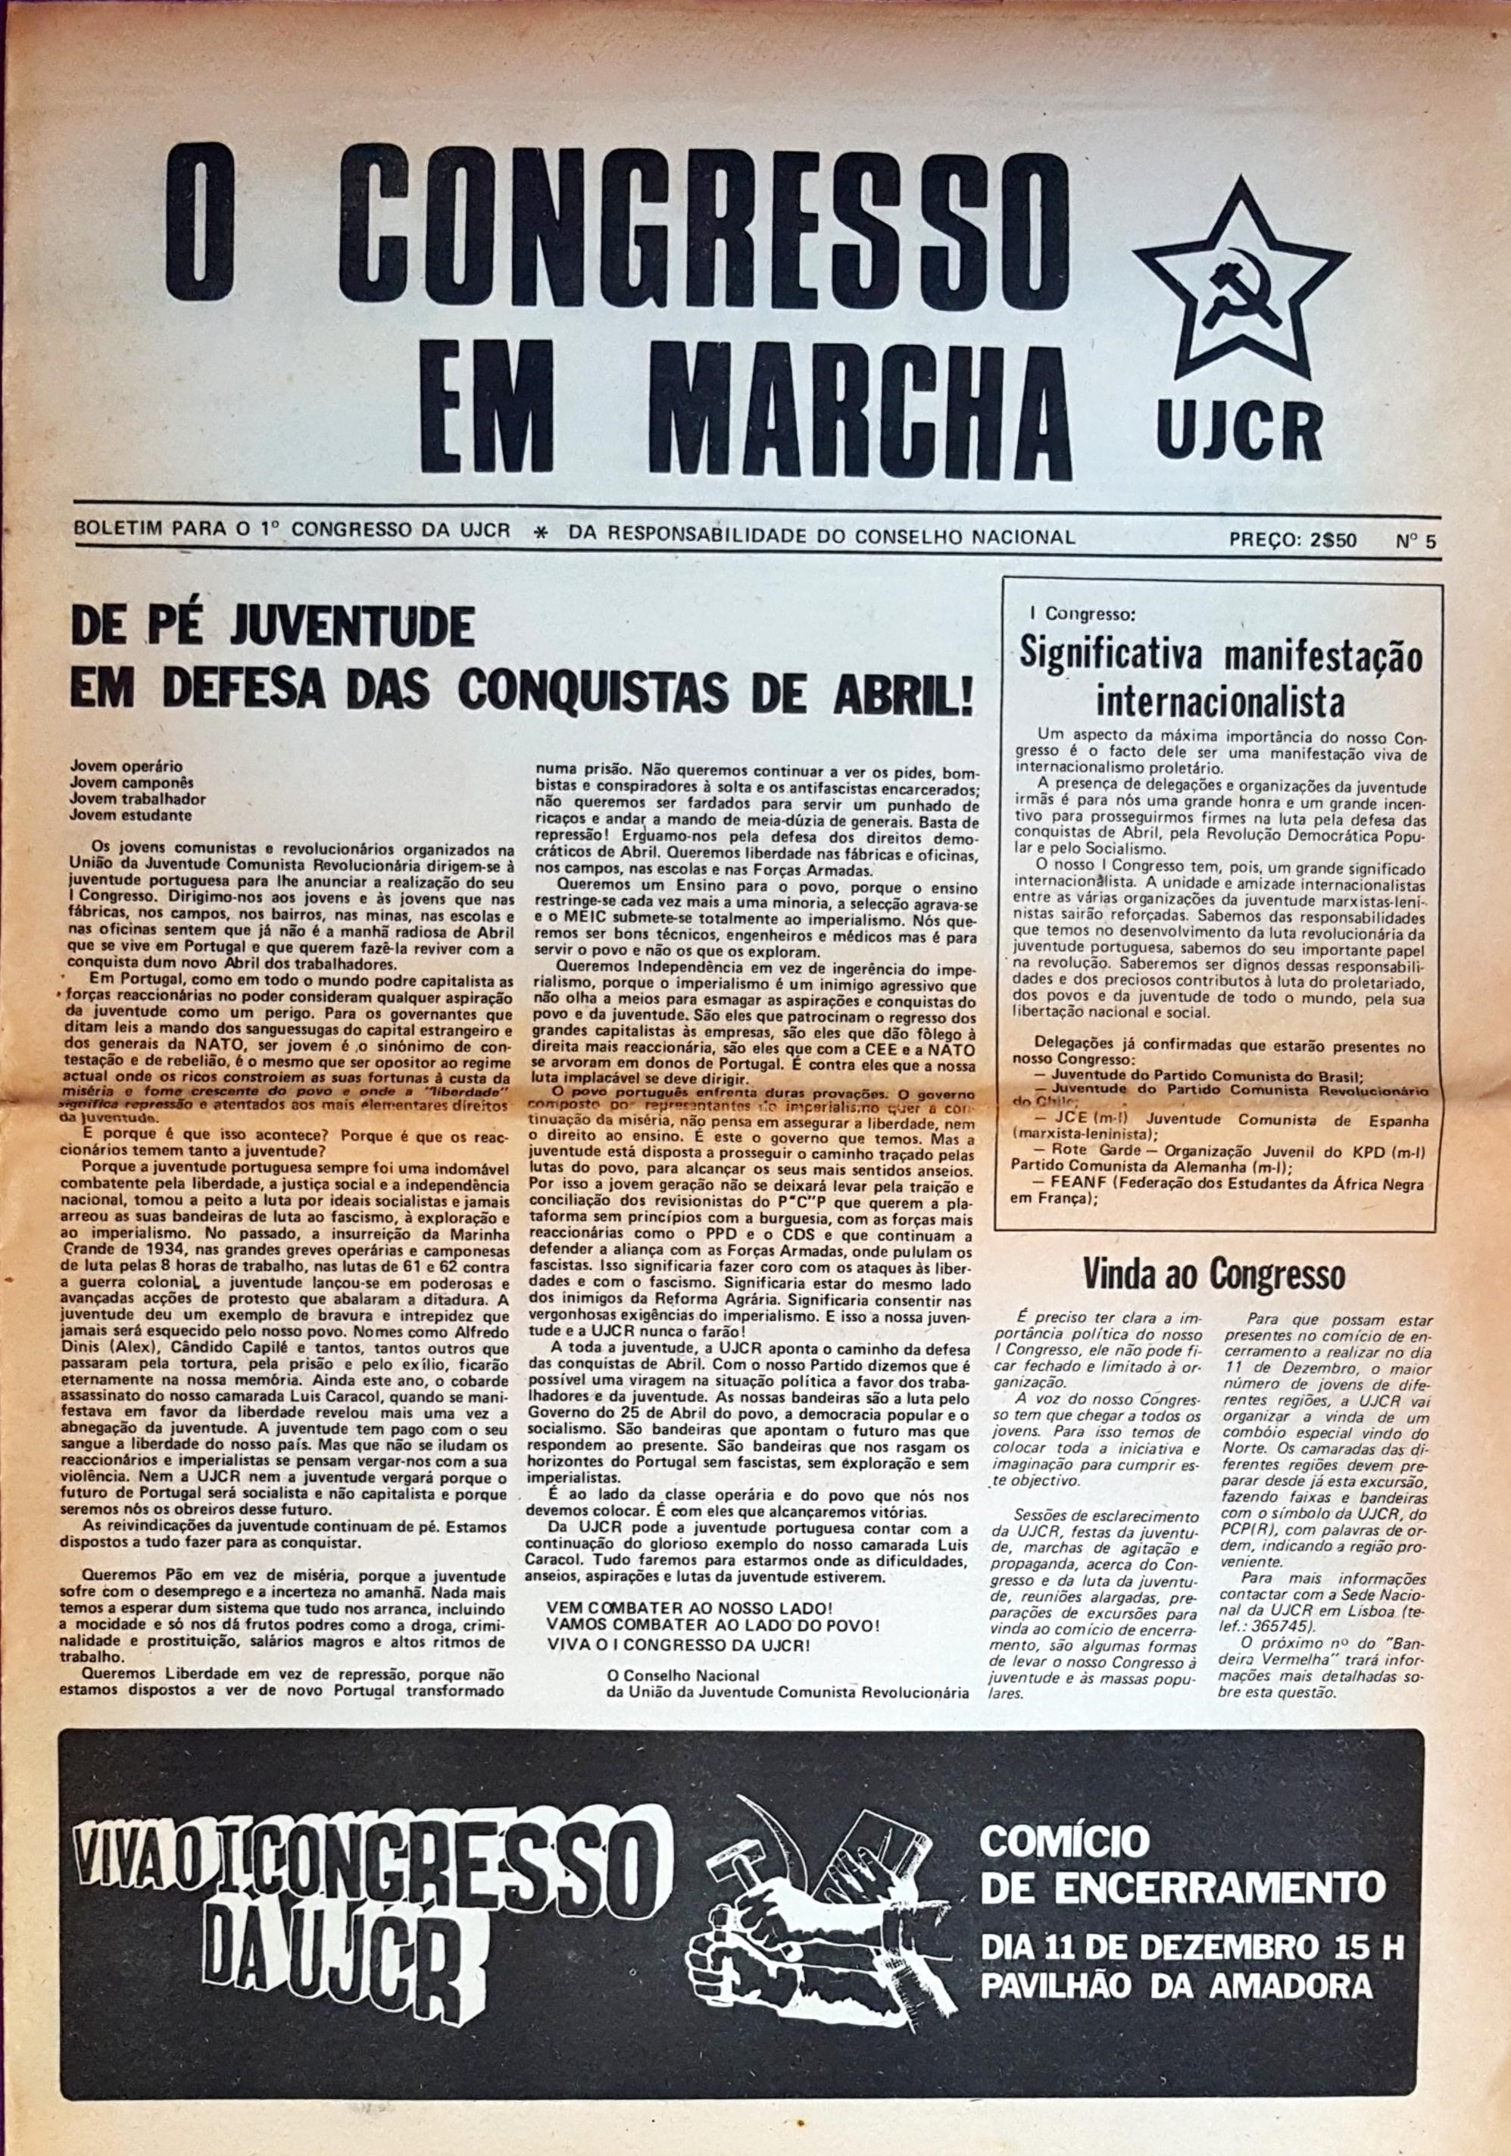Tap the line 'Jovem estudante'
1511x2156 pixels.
point(130,815)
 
